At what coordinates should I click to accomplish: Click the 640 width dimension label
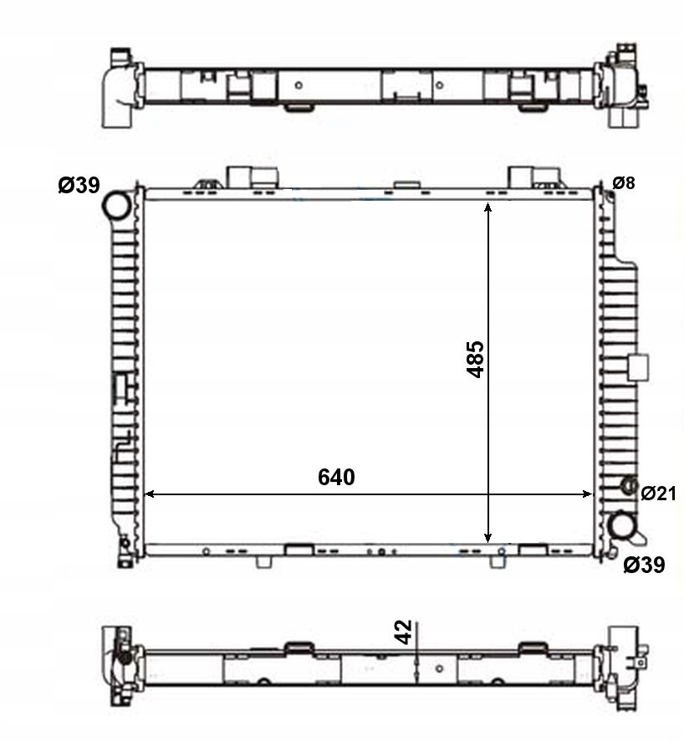336,477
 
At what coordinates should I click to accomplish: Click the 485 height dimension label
476,359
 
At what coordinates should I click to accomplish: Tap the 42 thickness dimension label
404,632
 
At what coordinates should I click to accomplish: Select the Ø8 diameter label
624,182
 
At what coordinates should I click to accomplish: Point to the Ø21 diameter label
658,494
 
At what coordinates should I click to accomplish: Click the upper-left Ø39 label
79,185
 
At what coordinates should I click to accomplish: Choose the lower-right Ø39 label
644,565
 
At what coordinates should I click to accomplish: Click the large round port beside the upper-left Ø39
116,206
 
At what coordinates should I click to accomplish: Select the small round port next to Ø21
630,485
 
